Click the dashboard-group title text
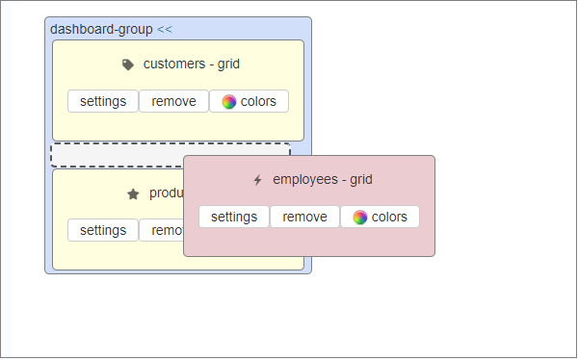click(101, 29)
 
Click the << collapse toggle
click(165, 29)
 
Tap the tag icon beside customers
click(128, 64)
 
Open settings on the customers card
click(103, 101)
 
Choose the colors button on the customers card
click(249, 101)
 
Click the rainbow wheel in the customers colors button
click(229, 101)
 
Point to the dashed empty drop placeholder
click(116, 154)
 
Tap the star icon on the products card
click(133, 193)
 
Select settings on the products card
click(103, 230)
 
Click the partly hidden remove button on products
click(162, 230)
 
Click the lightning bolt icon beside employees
click(257, 180)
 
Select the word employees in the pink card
click(304, 180)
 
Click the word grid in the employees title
click(361, 180)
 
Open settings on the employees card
click(234, 217)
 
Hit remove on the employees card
click(304, 217)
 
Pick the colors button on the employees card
click(380, 217)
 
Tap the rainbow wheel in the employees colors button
click(360, 217)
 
